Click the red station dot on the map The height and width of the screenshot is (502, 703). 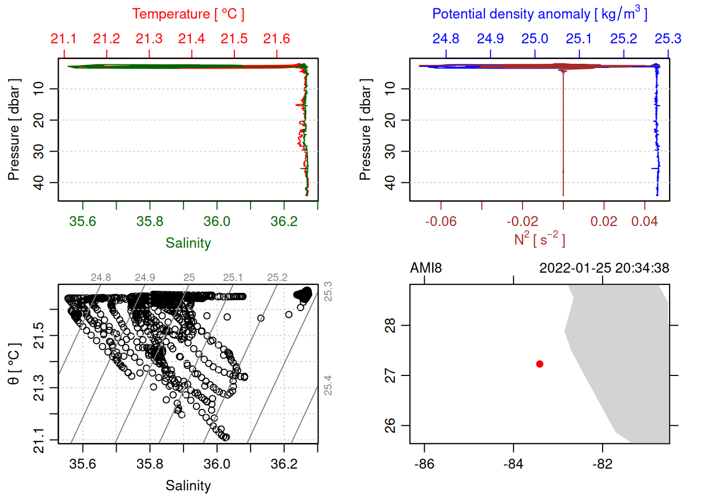[x=539, y=364]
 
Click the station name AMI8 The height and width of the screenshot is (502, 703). [x=426, y=268]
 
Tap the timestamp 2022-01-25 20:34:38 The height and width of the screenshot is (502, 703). [x=604, y=268]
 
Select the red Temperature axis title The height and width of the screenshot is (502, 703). [x=188, y=14]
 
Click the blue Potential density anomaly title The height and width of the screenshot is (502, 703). [x=539, y=14]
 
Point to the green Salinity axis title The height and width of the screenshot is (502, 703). [x=188, y=243]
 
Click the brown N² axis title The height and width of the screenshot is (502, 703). [x=539, y=239]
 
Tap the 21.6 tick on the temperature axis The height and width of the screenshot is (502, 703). [x=276, y=39]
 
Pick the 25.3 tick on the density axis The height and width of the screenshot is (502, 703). [x=668, y=39]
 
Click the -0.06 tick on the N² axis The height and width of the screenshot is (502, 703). [x=440, y=222]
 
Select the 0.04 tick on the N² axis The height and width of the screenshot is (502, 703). [x=644, y=222]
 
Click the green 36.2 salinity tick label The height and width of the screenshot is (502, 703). [x=284, y=222]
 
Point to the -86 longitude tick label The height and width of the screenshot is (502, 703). [x=424, y=464]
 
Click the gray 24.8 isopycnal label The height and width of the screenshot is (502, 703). [x=100, y=278]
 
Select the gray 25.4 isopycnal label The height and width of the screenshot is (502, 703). [x=328, y=385]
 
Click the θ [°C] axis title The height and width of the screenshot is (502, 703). [x=14, y=364]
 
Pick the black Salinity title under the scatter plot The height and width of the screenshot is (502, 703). [x=188, y=486]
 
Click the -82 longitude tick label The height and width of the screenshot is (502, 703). [x=602, y=464]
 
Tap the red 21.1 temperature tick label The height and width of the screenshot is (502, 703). [x=63, y=39]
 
